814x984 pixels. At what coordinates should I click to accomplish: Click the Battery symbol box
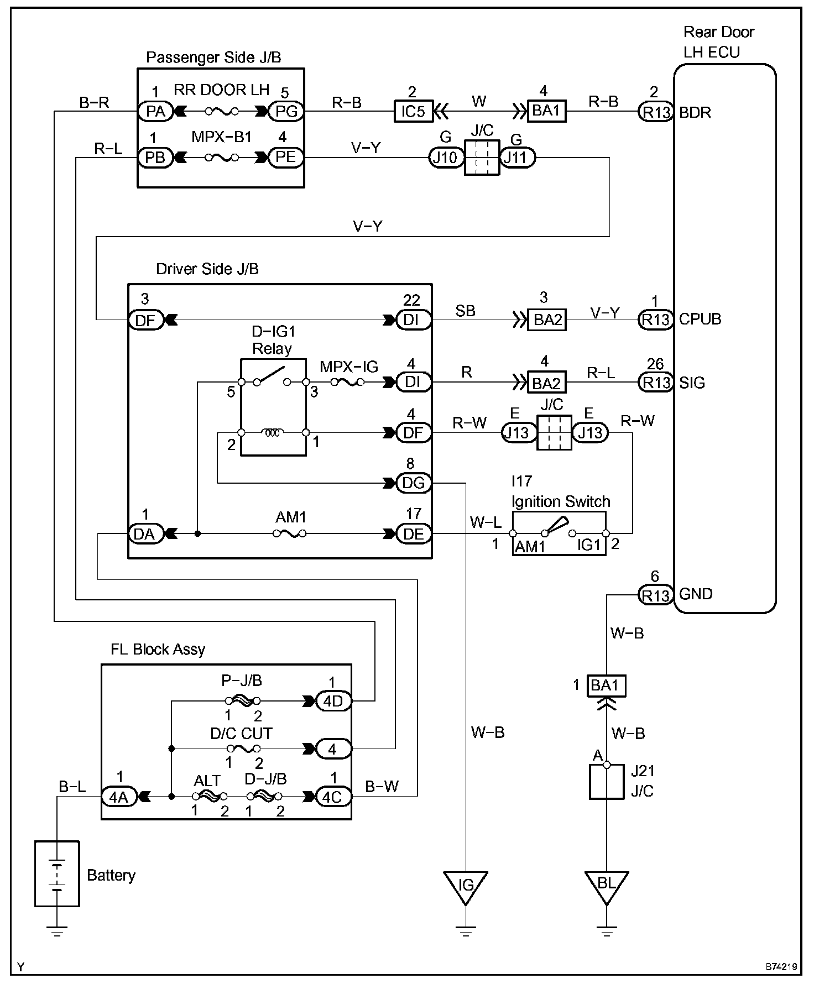57,874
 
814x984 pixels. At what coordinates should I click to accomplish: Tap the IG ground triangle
466,887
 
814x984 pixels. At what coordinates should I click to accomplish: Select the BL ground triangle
607,887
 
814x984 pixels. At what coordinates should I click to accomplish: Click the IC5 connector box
413,111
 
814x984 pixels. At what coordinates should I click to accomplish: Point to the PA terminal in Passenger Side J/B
155,112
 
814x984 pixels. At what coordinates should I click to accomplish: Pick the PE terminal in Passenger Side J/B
286,158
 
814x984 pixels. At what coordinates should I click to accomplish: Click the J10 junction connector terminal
446,158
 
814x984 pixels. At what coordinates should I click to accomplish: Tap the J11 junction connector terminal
518,158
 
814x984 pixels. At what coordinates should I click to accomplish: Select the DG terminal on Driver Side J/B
414,483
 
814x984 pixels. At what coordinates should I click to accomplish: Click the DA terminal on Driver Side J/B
145,534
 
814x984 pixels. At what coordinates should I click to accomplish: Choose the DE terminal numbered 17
414,534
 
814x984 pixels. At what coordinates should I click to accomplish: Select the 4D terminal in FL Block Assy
333,702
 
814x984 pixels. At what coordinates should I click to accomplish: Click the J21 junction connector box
607,782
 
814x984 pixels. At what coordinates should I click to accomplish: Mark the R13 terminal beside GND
655,595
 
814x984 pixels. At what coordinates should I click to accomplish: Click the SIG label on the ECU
692,383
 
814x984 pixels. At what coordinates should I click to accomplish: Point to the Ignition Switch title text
561,502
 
